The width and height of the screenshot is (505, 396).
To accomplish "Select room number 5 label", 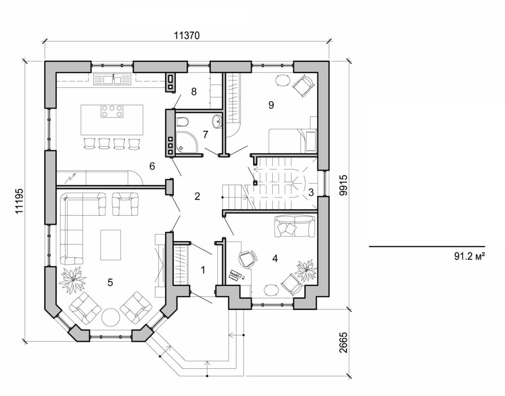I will pos(110,282).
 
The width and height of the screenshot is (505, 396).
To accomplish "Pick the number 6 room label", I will pos(152,167).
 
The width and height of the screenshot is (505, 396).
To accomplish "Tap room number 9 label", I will pos(271,105).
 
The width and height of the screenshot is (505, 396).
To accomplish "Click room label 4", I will pos(275,257).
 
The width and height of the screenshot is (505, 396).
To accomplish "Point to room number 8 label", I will pos(194,91).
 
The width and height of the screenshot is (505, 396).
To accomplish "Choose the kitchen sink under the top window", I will pos(112,79).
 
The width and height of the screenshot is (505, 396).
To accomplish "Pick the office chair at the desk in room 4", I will pos(248,259).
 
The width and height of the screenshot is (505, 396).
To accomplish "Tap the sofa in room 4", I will pos(295,226).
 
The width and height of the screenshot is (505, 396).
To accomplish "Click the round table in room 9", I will pos(283,80).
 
